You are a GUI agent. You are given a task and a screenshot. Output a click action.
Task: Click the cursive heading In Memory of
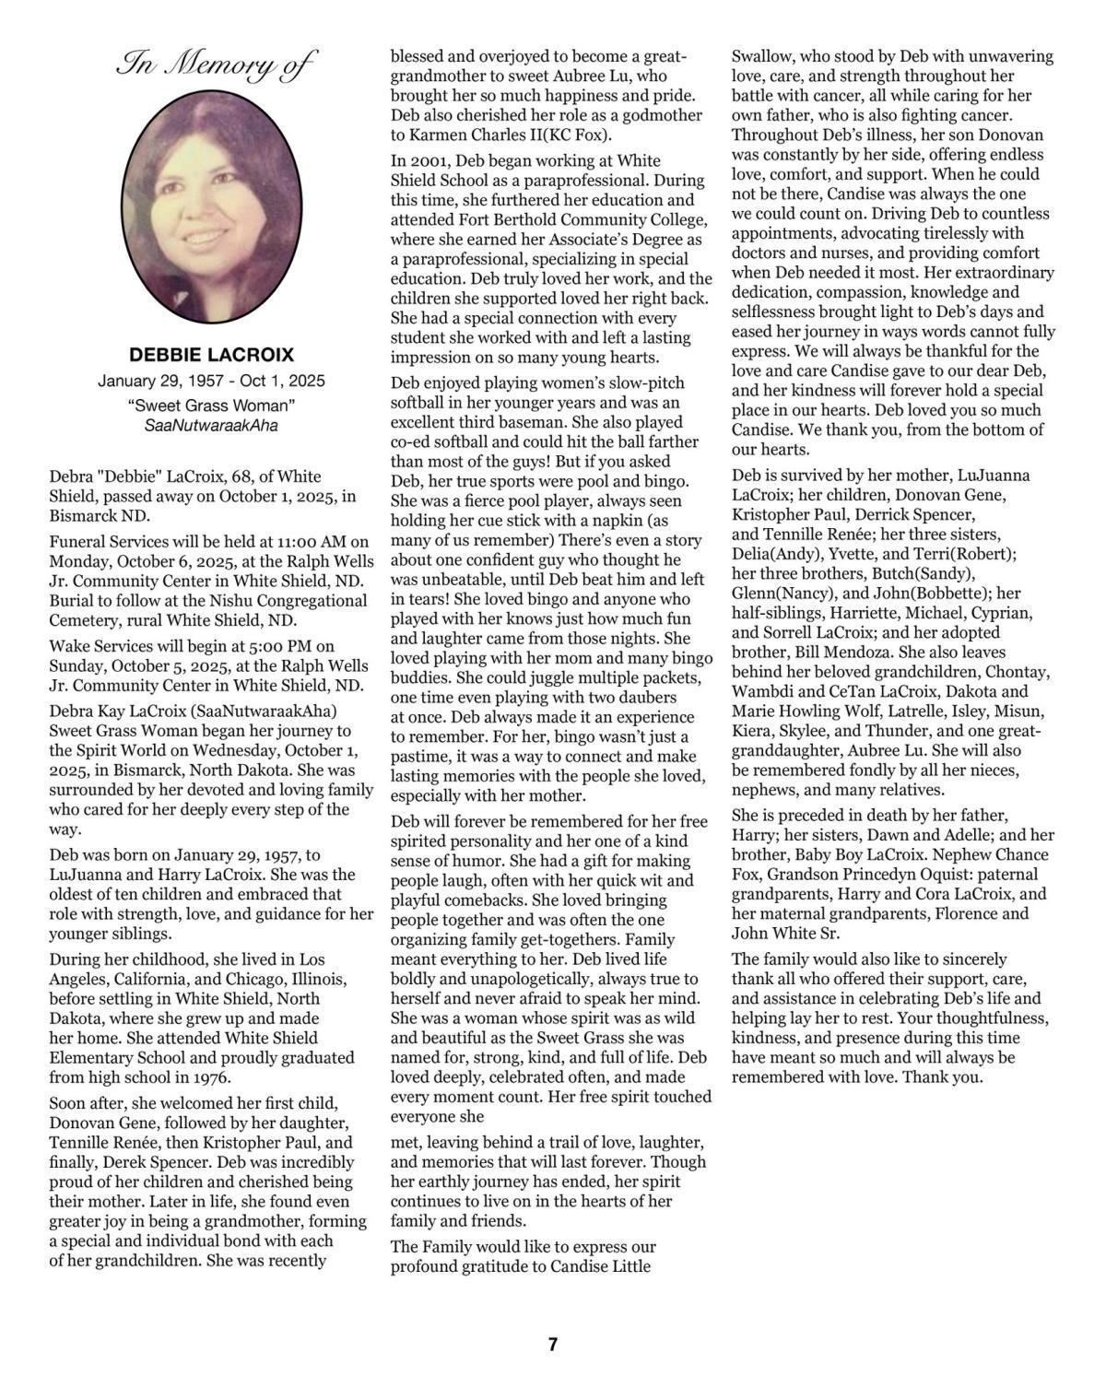pyautogui.click(x=216, y=65)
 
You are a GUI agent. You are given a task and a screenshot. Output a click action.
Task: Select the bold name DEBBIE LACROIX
pyautogui.click(x=211, y=355)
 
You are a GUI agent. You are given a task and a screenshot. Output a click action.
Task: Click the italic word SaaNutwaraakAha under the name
pyautogui.click(x=211, y=426)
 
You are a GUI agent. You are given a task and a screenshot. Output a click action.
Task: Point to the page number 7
pyautogui.click(x=553, y=1345)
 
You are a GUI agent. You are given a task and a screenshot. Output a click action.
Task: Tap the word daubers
pyautogui.click(x=645, y=698)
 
